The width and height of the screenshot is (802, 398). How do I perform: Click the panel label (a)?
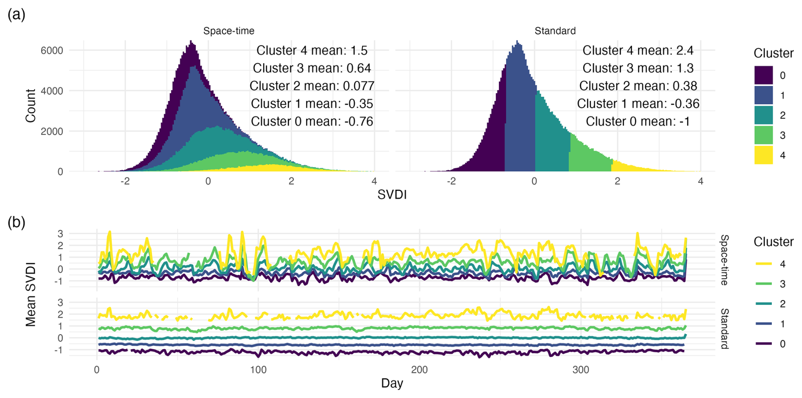point(17,15)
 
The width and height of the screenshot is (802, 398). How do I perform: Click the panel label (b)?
point(17,222)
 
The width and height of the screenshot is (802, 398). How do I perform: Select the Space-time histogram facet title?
point(228,31)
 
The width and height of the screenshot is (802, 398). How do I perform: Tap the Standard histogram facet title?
point(555,31)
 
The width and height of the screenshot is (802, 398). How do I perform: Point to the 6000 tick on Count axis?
point(52,50)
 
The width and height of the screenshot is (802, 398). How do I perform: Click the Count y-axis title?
point(31,106)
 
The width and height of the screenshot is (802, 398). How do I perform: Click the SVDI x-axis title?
point(392,195)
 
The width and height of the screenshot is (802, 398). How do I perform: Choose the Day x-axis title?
point(392,383)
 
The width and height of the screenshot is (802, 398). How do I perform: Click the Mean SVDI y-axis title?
point(31,294)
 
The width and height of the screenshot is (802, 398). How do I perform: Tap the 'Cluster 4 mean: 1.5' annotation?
point(312,50)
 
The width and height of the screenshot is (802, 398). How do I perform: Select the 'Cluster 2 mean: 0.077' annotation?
point(312,86)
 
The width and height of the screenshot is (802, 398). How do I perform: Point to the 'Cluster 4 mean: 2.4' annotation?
point(638,50)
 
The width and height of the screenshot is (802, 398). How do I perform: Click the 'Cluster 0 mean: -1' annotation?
point(638,122)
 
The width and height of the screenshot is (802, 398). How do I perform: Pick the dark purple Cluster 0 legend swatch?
point(763,75)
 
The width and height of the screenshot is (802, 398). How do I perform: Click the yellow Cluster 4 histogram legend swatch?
point(763,155)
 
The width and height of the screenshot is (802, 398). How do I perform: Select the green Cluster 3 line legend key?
point(763,284)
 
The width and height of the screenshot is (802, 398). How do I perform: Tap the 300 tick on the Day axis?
point(581,370)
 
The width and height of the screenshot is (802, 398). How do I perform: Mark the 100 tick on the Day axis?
point(258,370)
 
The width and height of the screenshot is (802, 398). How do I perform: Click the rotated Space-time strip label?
point(724,260)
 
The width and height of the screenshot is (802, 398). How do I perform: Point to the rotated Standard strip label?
point(724,328)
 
